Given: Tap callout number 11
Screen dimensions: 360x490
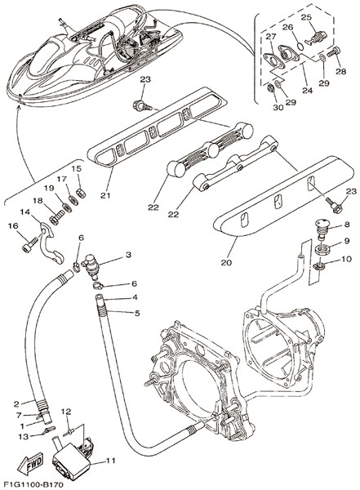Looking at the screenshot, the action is pos(110,461).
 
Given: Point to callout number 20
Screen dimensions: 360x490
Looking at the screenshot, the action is pos(226,262).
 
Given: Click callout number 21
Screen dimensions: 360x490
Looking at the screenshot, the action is pos(105,195).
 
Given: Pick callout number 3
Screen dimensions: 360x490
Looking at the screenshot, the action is pos(128,255).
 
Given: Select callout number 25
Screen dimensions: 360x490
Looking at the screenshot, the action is pos(307,17).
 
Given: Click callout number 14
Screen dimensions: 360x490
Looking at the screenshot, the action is pos(25,212).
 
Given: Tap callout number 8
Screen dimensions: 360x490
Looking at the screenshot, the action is pos(347,225).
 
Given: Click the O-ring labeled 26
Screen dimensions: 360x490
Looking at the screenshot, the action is pos(300,47).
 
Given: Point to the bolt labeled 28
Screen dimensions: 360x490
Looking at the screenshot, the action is pos(333,52).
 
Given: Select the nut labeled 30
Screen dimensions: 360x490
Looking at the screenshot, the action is pos(270,89).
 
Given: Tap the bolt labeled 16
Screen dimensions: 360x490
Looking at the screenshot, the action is pos(30,244).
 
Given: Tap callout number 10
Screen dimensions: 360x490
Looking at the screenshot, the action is pos(347,259).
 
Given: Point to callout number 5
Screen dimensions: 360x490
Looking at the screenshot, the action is pos(137,313).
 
